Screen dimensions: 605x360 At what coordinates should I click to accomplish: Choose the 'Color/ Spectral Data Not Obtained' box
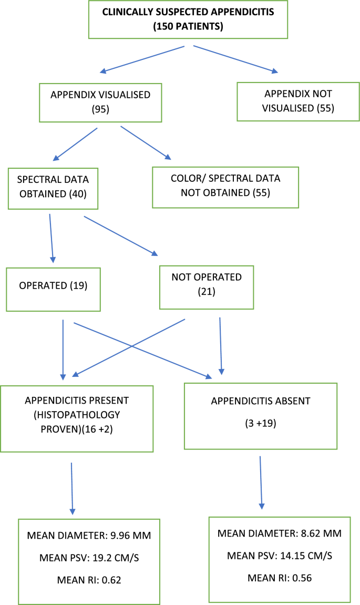(x=225, y=186)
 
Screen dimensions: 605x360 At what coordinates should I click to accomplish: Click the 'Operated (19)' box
(x=53, y=289)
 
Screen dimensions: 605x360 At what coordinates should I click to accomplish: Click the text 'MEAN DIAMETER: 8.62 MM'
(x=279, y=534)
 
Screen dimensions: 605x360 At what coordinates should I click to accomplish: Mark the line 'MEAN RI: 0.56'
(x=279, y=578)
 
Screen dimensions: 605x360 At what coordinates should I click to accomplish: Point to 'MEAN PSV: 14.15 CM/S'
(x=279, y=556)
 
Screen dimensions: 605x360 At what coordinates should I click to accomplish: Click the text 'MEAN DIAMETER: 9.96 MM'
(x=89, y=536)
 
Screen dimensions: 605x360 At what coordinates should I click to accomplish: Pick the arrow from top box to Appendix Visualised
(x=142, y=59)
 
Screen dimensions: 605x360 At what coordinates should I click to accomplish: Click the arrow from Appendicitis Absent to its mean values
(x=261, y=484)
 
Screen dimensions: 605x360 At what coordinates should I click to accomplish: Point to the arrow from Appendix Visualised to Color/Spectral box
(x=146, y=142)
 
